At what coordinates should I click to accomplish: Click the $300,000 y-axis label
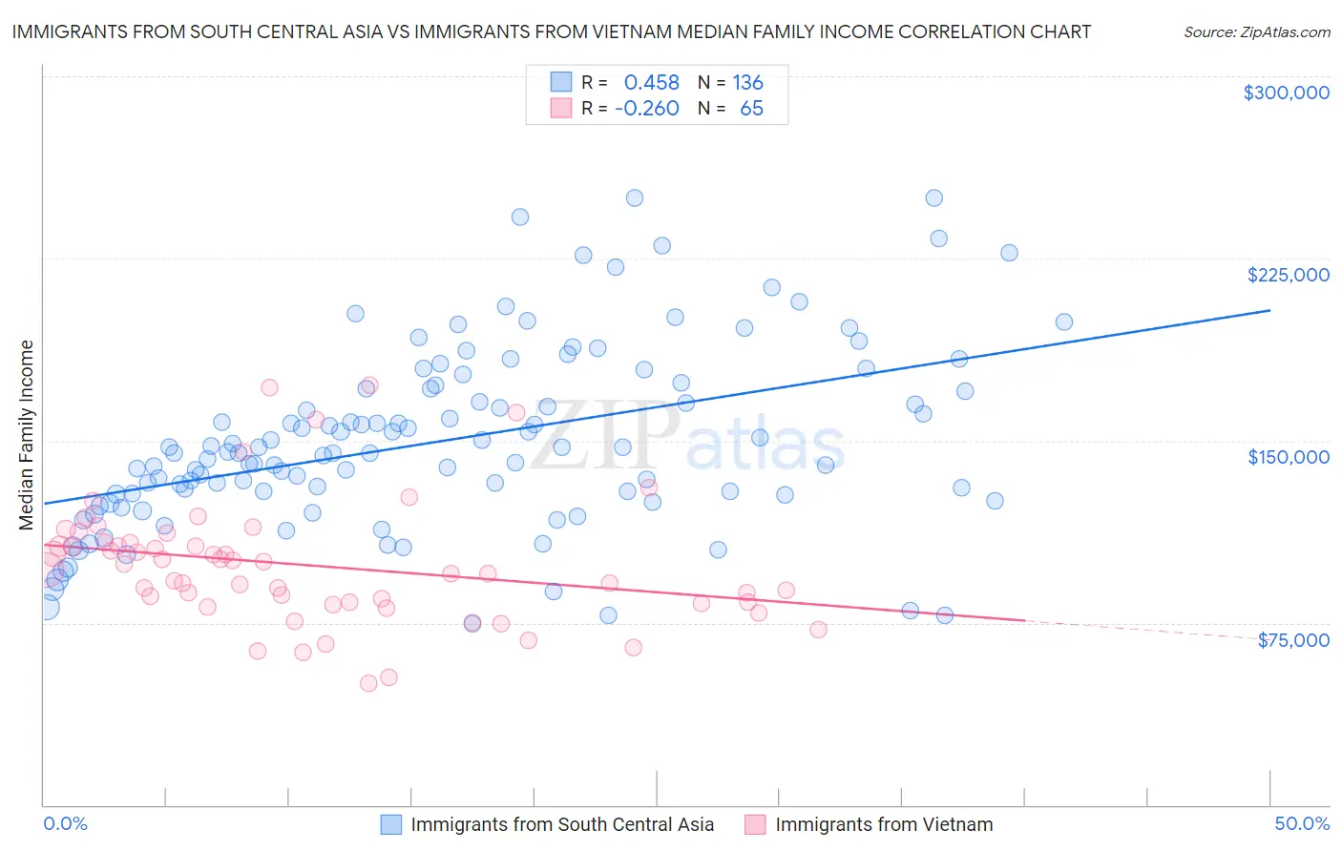point(1286,93)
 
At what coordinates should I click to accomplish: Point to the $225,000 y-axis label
point(1288,275)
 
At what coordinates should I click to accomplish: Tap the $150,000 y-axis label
point(1288,457)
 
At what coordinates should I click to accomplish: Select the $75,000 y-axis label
point(1292,639)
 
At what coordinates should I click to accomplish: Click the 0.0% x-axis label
point(65,823)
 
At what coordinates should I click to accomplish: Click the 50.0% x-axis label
point(1302,823)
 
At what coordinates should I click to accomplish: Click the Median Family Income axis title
point(26,435)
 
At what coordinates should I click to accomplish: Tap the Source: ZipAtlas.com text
point(1256,32)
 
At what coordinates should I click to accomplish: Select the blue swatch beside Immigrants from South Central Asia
point(391,824)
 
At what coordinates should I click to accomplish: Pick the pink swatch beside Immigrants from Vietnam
point(756,824)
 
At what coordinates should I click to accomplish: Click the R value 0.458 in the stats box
point(651,83)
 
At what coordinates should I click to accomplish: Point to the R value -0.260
point(646,108)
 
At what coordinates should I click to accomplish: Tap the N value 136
point(747,83)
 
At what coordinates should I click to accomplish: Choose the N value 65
point(751,108)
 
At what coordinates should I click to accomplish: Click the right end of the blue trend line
point(1269,310)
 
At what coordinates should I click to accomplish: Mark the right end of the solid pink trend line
point(1024,620)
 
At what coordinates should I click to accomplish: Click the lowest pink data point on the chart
point(368,683)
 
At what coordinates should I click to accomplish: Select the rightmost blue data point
point(1063,322)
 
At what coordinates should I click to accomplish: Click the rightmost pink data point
point(818,630)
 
